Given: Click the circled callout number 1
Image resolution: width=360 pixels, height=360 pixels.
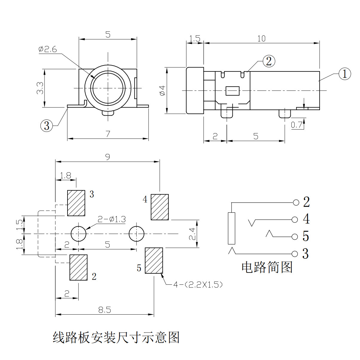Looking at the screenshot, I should (344, 73).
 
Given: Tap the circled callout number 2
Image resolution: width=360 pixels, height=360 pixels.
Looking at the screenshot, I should (269, 61).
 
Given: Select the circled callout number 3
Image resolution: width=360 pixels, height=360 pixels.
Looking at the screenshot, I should (46, 125).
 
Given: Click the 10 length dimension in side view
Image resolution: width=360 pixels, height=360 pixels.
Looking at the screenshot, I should (261, 39).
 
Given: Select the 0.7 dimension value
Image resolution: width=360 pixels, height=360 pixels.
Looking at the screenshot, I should (296, 125).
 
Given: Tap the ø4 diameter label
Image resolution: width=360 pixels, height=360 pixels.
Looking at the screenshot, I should (163, 90).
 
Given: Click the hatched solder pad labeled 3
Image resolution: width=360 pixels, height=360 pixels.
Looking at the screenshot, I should (76, 203).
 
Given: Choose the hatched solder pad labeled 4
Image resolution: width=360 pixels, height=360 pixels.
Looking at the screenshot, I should (160, 207).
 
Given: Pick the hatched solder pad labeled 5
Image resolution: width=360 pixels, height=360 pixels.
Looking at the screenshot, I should (154, 261).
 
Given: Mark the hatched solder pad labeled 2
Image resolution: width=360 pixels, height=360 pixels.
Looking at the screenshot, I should (79, 267).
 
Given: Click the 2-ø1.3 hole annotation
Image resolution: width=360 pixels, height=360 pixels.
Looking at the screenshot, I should (112, 220).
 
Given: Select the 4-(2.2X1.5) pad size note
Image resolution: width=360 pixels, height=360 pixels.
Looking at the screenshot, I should (198, 285).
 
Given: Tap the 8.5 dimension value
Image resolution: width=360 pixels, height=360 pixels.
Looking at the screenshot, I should (105, 310).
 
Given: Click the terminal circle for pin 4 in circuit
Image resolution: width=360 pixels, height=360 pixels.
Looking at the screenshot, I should (295, 220).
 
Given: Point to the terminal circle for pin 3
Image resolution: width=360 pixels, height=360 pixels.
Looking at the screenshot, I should (295, 254).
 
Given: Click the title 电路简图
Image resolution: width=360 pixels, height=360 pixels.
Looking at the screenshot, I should (267, 267).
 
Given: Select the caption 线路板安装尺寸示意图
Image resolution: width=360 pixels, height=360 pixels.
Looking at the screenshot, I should (116, 338).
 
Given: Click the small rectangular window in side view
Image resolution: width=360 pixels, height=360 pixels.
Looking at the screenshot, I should (233, 91).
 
